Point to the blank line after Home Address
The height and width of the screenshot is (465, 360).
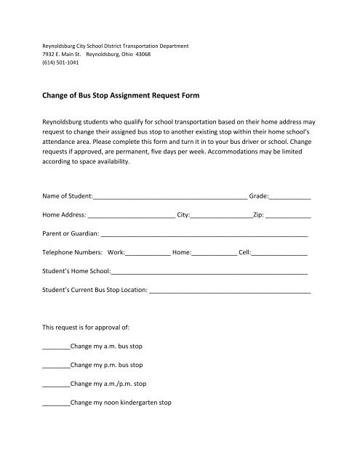(x=132, y=216)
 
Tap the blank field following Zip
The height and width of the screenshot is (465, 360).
(x=289, y=216)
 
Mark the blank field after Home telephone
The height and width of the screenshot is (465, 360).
(x=215, y=254)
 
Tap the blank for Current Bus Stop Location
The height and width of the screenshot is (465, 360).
(x=230, y=292)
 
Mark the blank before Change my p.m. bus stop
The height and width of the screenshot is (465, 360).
(x=55, y=365)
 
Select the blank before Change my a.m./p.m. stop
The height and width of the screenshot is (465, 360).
(x=55, y=384)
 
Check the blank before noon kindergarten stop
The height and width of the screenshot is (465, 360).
(x=55, y=403)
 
